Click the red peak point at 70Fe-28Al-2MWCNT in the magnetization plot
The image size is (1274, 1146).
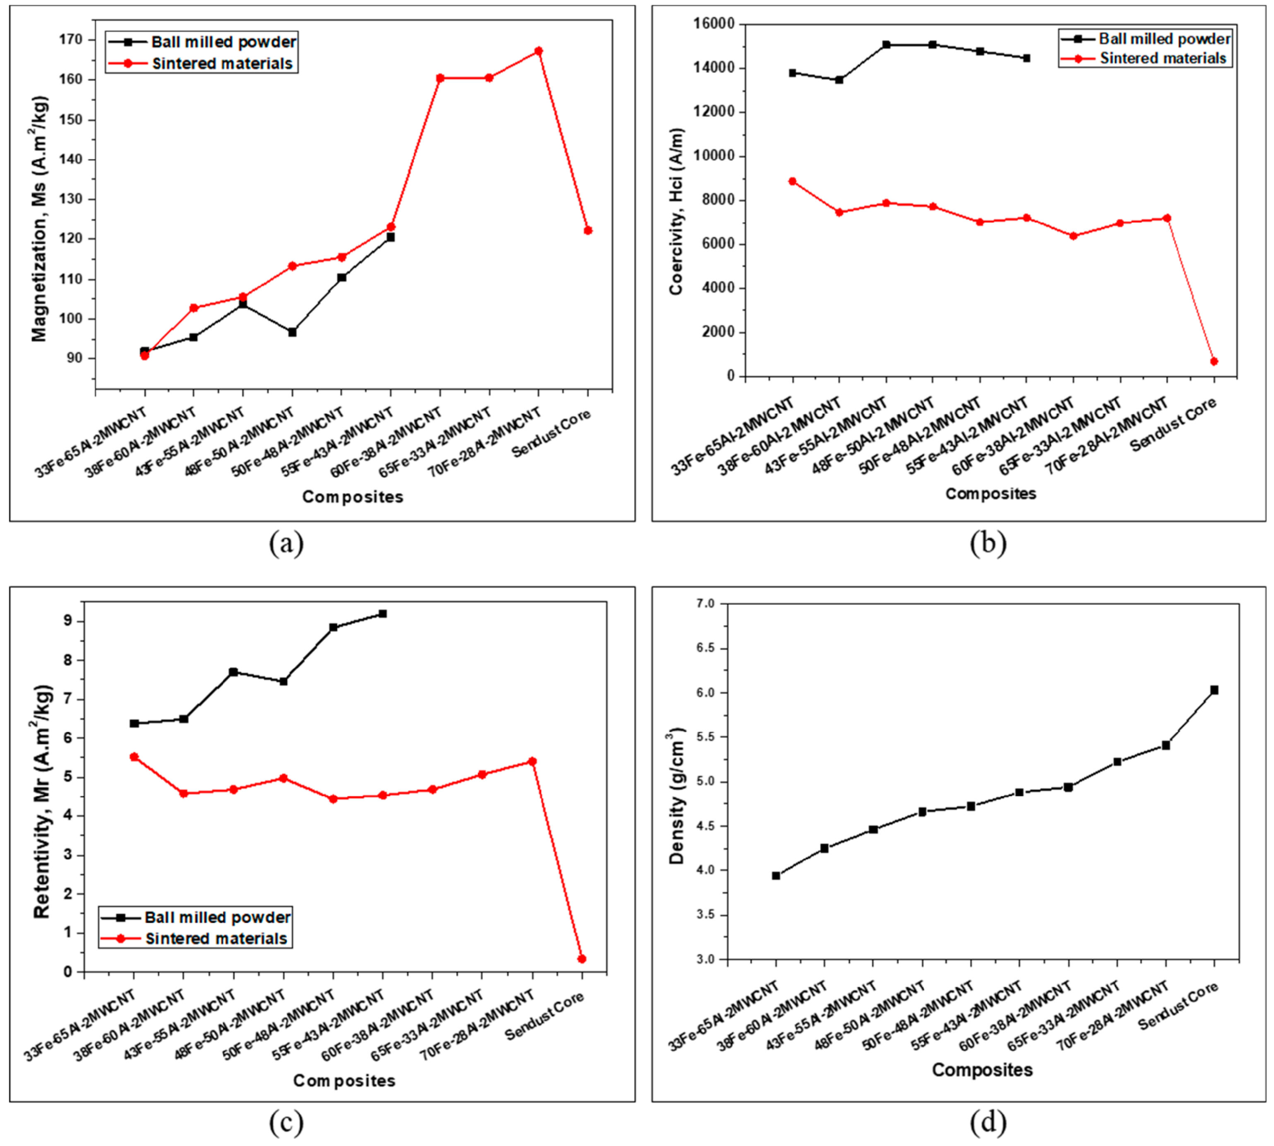(538, 51)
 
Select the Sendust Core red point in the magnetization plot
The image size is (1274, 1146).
(587, 230)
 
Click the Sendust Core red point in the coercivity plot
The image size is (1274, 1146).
(1214, 361)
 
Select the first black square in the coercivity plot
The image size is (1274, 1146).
(792, 73)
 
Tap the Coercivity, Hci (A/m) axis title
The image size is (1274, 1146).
(676, 211)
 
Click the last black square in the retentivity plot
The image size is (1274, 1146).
(382, 613)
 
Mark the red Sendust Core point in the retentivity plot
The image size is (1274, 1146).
(581, 959)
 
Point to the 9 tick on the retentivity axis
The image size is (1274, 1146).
(68, 621)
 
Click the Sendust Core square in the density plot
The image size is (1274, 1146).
(1214, 690)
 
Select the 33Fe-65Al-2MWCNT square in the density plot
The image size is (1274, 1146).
(776, 875)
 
